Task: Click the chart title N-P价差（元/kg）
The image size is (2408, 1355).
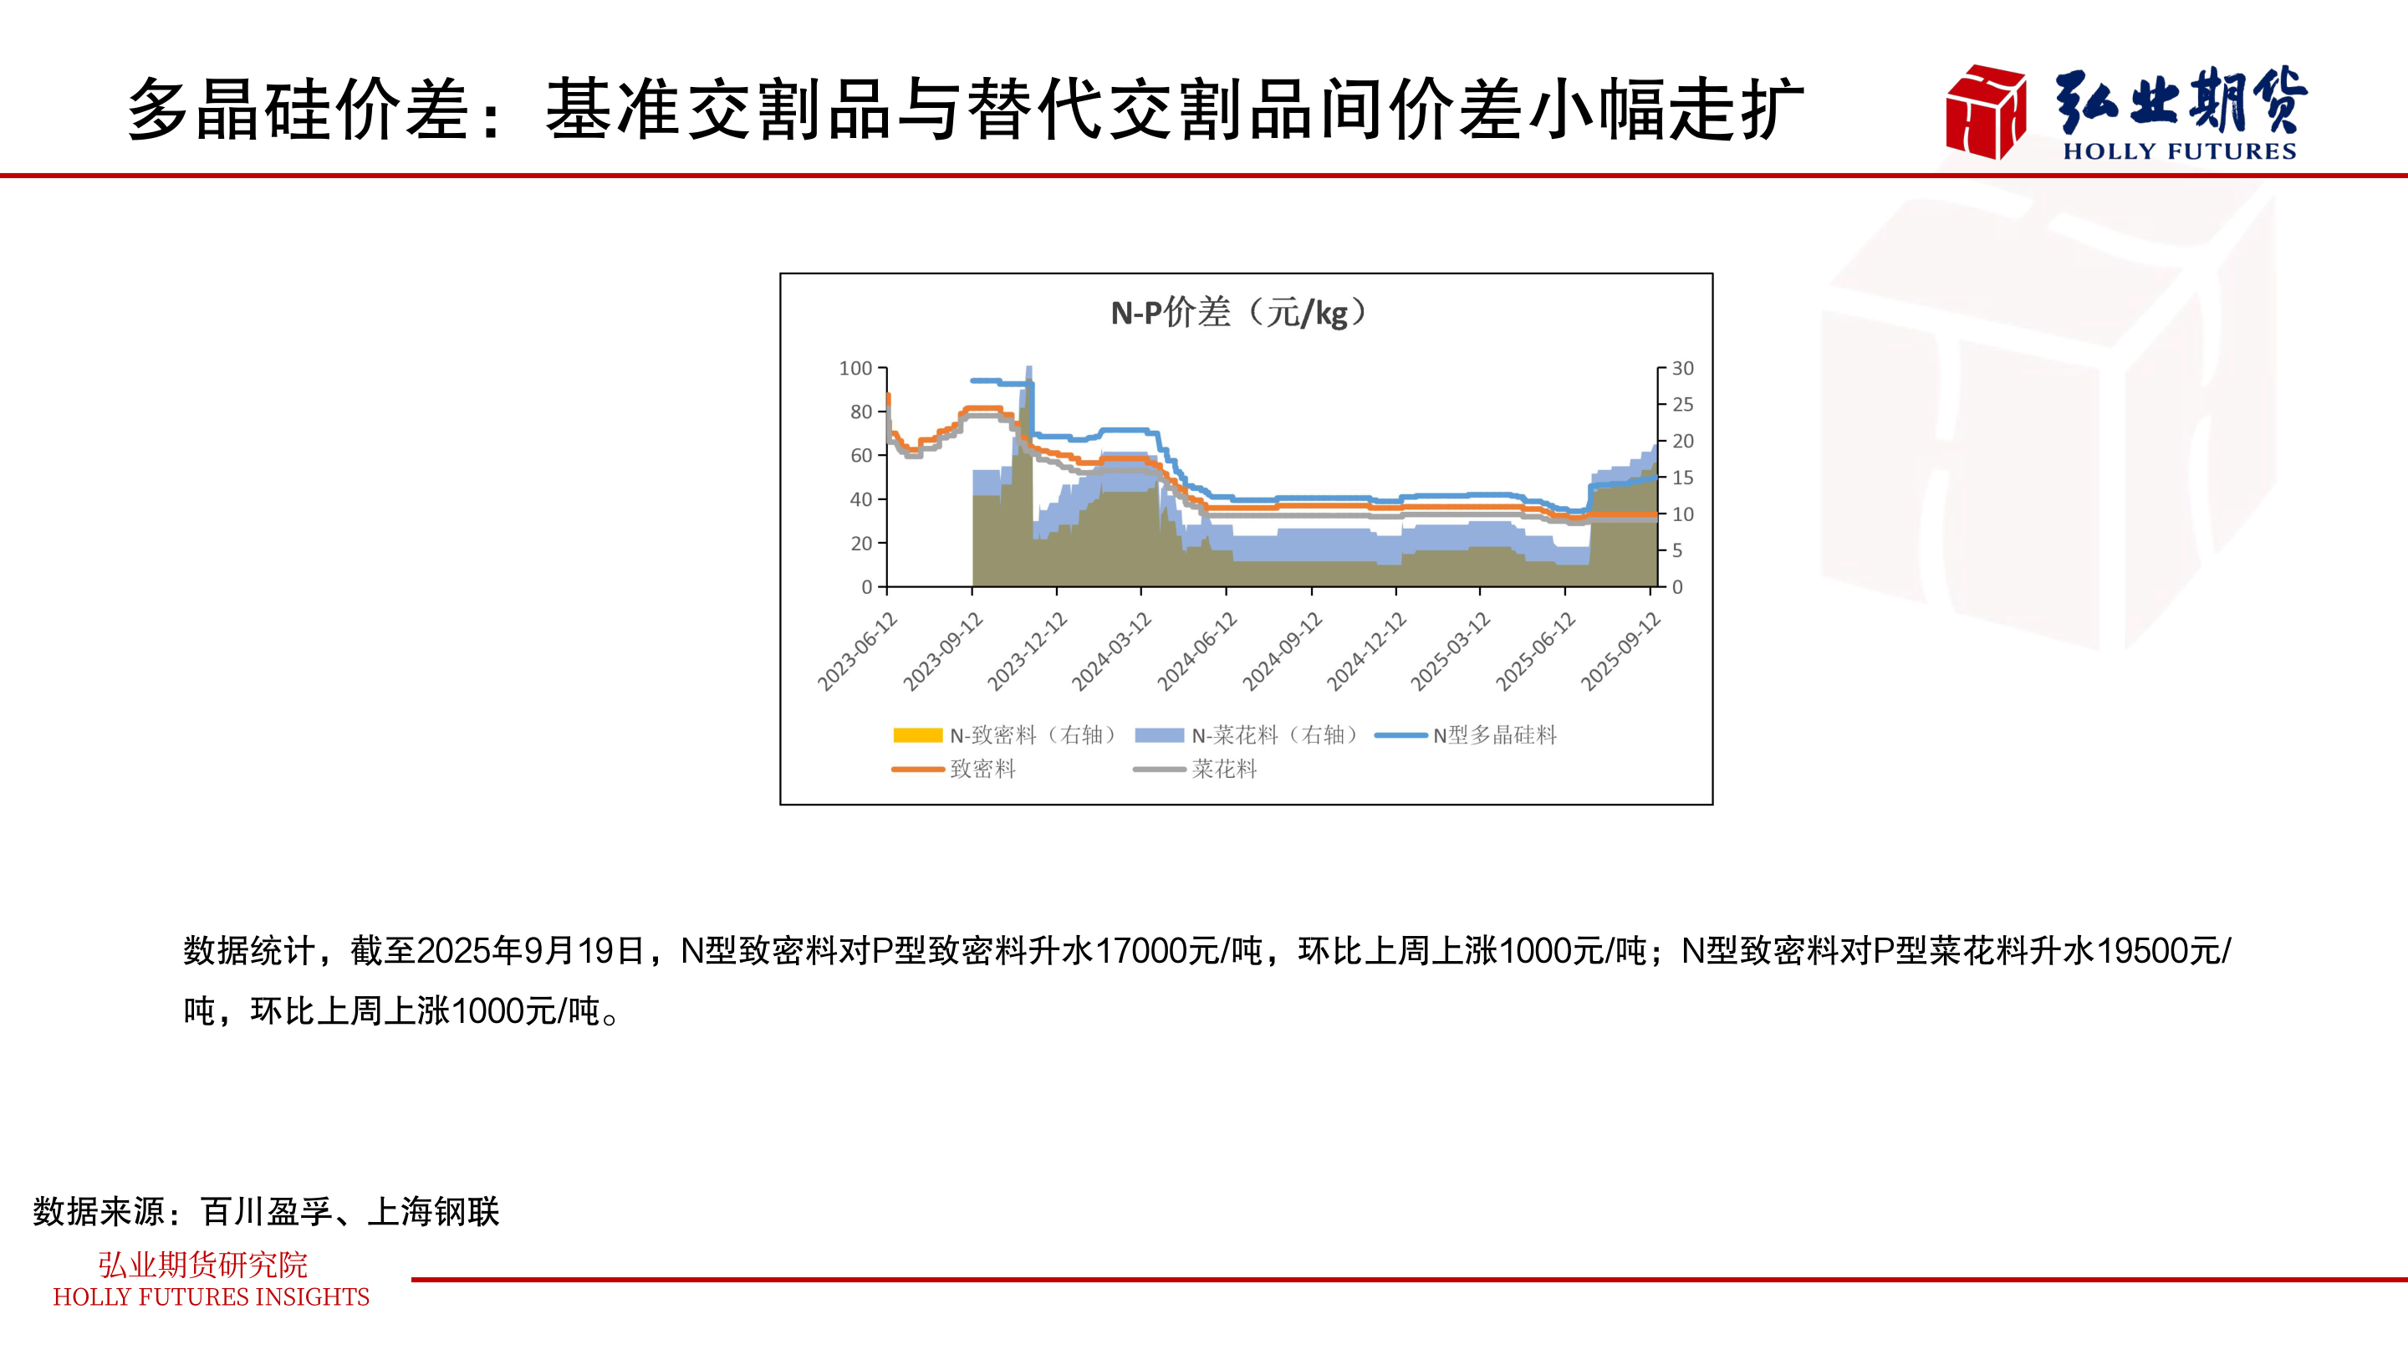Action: click(1238, 312)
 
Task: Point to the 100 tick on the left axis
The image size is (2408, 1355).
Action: click(855, 368)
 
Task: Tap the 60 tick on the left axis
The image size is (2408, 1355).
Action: click(861, 455)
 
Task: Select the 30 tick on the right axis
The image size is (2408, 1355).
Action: click(1682, 368)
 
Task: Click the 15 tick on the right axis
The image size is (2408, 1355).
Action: click(1682, 478)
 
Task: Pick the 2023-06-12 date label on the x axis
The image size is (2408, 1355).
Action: click(858, 651)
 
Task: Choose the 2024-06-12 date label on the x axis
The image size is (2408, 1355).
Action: click(1197, 651)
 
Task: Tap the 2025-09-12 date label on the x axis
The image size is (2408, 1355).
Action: click(1622, 651)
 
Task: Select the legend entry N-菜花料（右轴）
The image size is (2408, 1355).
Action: click(1248, 735)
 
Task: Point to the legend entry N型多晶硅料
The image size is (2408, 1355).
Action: click(1467, 735)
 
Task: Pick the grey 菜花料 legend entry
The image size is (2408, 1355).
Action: click(1196, 769)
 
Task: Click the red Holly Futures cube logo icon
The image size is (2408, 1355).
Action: click(1986, 111)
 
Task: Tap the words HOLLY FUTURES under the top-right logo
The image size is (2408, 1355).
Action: click(2179, 151)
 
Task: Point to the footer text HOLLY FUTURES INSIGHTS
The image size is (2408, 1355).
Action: click(212, 1297)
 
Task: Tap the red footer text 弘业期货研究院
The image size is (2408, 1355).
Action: click(203, 1265)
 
